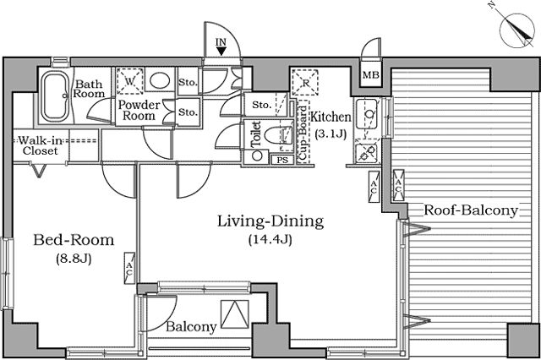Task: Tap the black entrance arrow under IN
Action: click(x=221, y=52)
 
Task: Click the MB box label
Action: click(x=371, y=75)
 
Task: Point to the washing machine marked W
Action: click(x=129, y=81)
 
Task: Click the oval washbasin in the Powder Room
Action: click(x=160, y=80)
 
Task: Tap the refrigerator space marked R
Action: click(x=305, y=83)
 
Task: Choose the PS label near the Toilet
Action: click(x=282, y=160)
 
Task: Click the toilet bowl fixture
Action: click(x=278, y=135)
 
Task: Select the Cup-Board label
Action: click(x=303, y=133)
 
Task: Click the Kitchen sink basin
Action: click(x=367, y=113)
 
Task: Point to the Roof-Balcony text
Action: click(x=471, y=210)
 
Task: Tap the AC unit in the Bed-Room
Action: click(x=129, y=269)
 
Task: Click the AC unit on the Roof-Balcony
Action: click(x=398, y=185)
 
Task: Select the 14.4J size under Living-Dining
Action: click(x=270, y=239)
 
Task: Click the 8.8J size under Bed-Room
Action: click(x=74, y=259)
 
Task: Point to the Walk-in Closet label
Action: click(x=41, y=146)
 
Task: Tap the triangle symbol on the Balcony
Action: click(x=235, y=314)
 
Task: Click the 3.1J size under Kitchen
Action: click(x=331, y=134)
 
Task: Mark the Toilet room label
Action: click(x=256, y=134)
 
